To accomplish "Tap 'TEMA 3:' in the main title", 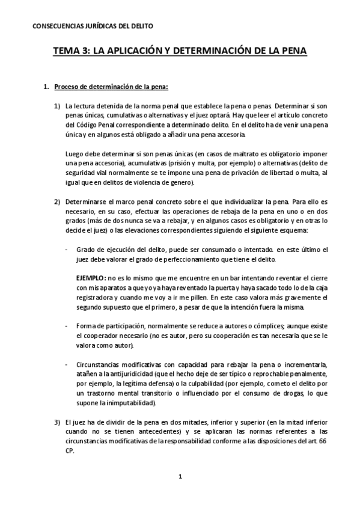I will click(72, 52).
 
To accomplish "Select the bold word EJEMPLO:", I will click(91, 279).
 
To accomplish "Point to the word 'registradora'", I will click(96, 298).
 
